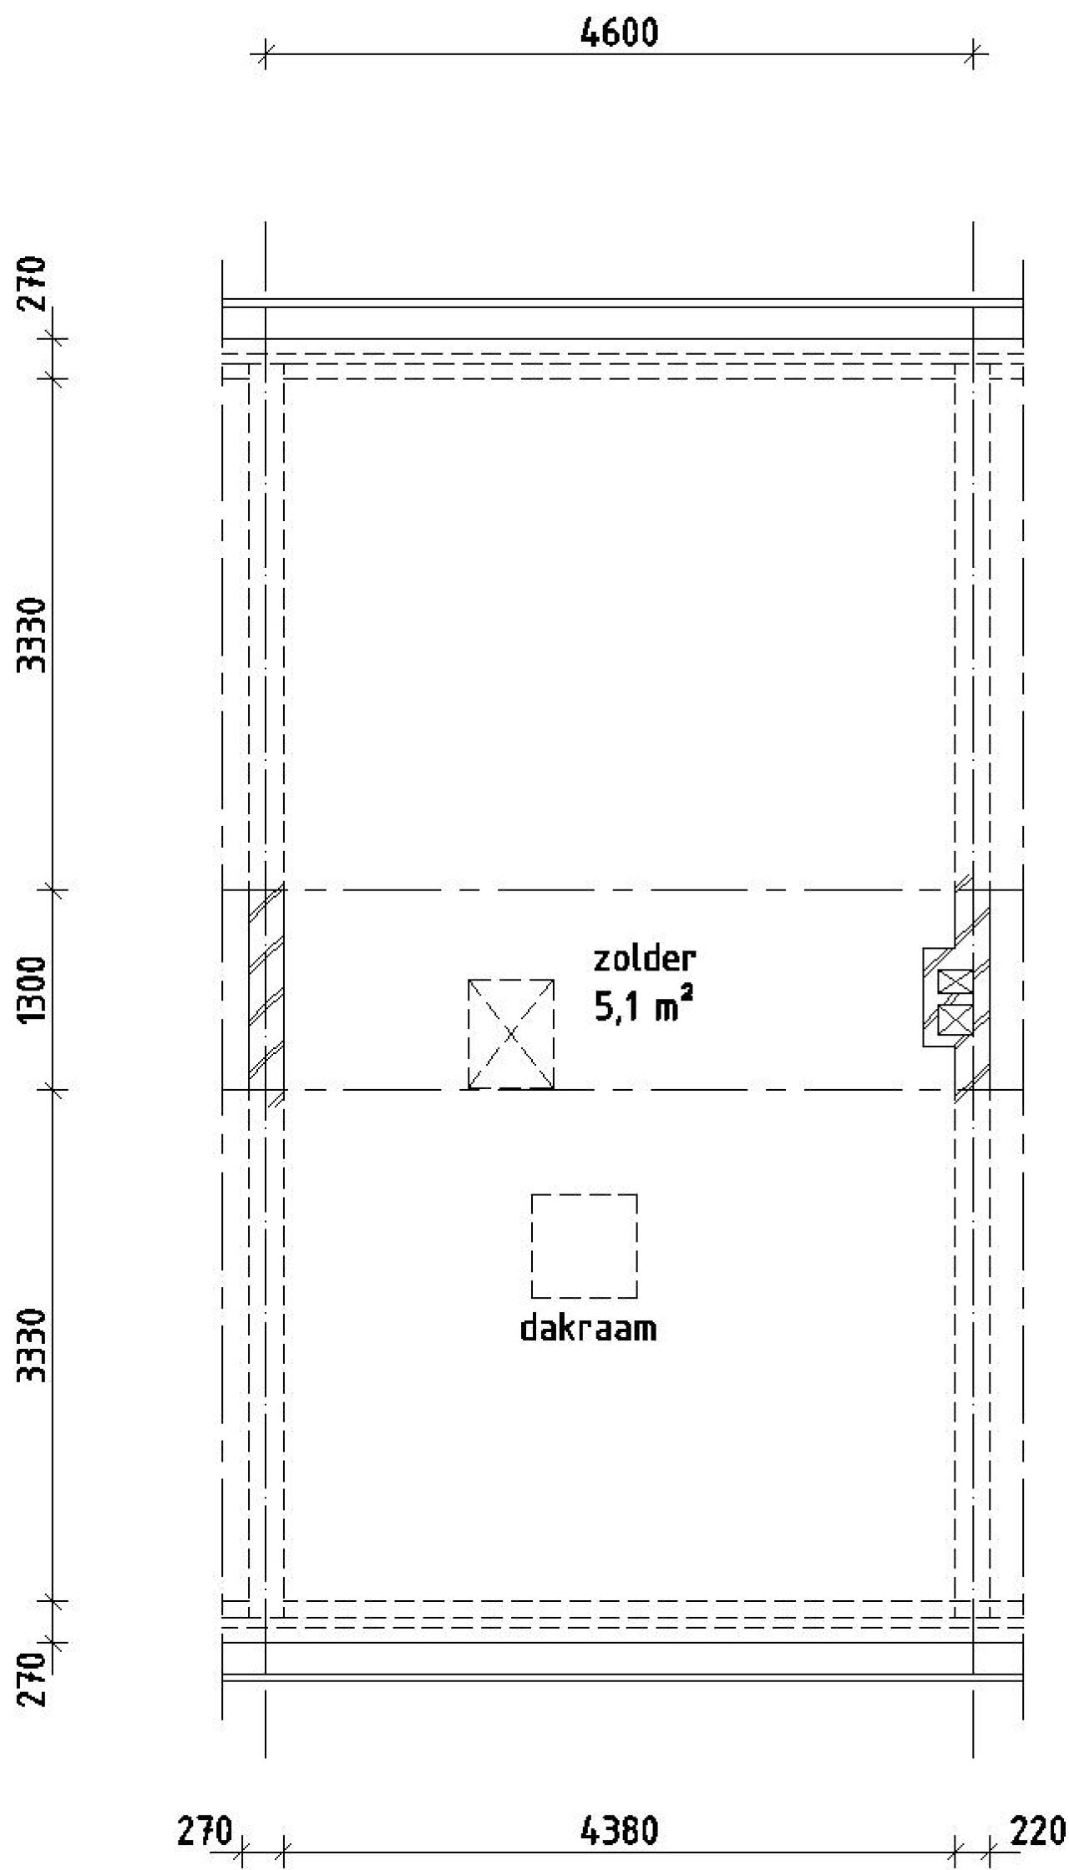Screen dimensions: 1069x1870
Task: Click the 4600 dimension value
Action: pos(619,33)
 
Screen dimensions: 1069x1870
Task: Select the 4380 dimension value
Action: pos(619,1831)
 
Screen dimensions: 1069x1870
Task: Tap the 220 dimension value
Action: pos(1038,1831)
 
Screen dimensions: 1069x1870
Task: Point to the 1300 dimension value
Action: pos(34,991)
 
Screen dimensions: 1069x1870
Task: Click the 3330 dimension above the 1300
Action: pos(34,635)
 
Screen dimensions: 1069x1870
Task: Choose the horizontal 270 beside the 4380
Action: pos(205,1831)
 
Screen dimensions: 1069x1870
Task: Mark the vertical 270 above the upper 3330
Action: pos(34,284)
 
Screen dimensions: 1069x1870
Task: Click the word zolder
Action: pos(644,958)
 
